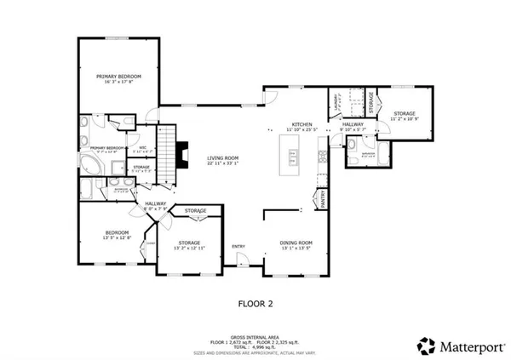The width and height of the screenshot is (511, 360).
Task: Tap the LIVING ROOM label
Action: [x=225, y=158]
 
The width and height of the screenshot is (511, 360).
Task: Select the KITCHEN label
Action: [x=302, y=124]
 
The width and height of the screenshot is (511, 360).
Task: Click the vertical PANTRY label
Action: [x=324, y=200]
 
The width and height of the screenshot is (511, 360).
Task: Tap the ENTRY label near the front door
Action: [x=239, y=247]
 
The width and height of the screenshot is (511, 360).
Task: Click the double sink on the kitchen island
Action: [x=294, y=157]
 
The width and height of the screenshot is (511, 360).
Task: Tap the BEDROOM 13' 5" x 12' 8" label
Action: [x=117, y=233]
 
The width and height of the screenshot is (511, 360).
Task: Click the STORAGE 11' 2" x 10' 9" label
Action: [x=404, y=113]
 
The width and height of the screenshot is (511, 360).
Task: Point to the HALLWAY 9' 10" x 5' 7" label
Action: [x=353, y=124]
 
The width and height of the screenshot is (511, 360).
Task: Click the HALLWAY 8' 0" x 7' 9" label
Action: [x=155, y=203]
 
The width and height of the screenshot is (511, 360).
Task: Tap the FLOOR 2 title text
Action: [x=255, y=301]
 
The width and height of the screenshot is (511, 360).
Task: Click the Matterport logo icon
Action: [x=425, y=345]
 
